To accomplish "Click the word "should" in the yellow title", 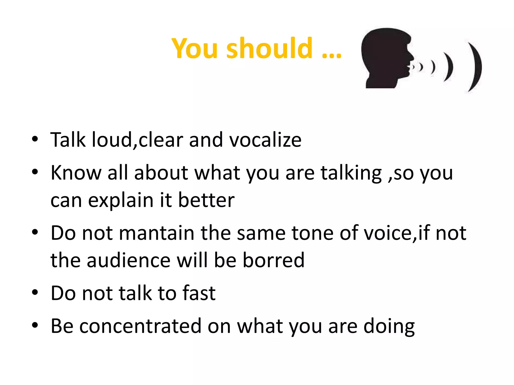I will coord(270,48).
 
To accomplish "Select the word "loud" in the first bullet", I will coord(112,140).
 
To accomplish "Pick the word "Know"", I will coord(76,173).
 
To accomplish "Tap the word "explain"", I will coord(121,201).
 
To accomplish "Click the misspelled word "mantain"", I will coord(157,233).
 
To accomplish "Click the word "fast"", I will coord(199,293).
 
